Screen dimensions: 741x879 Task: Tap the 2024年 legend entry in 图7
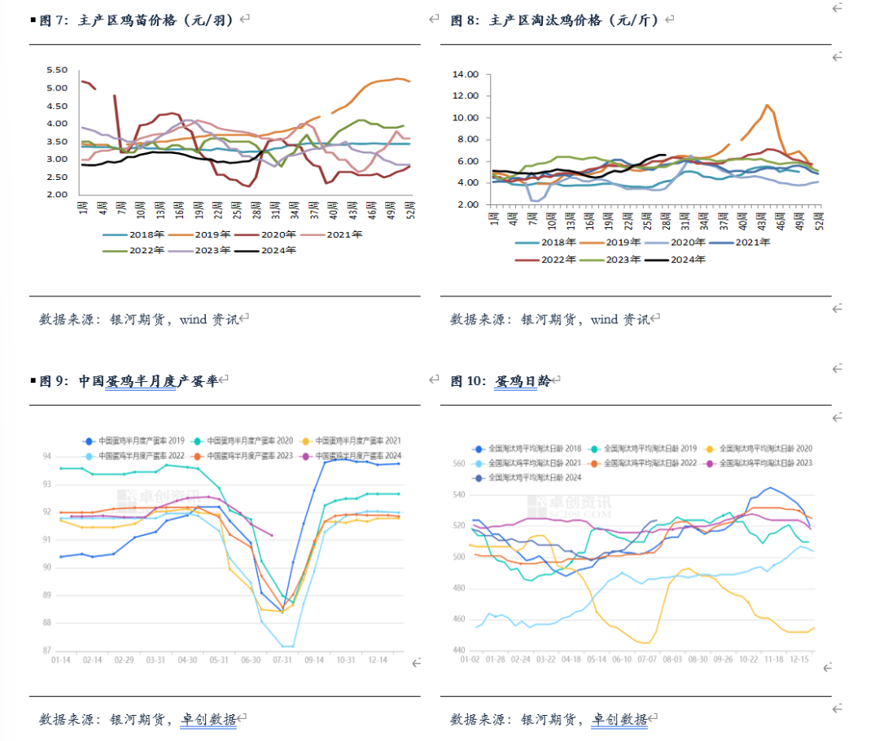tap(278, 250)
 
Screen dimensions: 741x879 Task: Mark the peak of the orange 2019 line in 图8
tap(767, 105)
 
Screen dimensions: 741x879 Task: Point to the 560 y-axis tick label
tap(457, 464)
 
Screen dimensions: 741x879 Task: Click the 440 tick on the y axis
tap(457, 650)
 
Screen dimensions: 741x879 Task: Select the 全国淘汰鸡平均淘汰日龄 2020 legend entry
tap(770, 449)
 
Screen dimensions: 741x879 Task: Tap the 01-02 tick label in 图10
tap(470, 660)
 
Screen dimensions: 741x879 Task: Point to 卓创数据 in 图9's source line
tap(208, 720)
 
